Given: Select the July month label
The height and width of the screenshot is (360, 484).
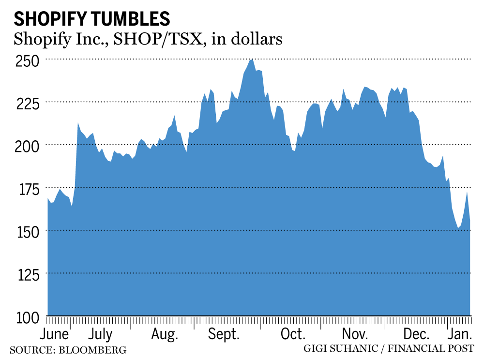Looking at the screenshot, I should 101,335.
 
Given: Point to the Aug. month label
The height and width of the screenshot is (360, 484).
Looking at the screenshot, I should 165,335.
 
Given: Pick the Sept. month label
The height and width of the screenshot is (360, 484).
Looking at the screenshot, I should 225,335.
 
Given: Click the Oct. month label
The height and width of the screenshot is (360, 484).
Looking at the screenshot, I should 293,335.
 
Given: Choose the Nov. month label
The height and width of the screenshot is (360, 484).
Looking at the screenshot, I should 355,335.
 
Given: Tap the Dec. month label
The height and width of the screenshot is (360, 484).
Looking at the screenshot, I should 417,335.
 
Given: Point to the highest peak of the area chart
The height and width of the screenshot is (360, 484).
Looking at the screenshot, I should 251,59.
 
